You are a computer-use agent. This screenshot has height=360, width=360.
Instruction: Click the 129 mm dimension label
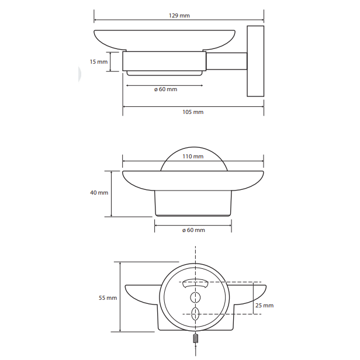(x=179, y=16)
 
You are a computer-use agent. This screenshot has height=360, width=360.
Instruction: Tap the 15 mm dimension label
(x=99, y=62)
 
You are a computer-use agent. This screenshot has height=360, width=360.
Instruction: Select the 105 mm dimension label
(x=193, y=112)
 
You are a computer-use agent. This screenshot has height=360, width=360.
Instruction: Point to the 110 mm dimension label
(x=193, y=157)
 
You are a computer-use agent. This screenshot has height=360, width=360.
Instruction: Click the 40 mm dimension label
(x=99, y=193)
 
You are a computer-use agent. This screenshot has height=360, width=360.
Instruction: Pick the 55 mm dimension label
(x=108, y=298)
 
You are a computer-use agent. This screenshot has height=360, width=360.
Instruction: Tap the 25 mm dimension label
(x=265, y=306)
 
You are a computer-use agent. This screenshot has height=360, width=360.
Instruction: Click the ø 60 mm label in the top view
(x=166, y=89)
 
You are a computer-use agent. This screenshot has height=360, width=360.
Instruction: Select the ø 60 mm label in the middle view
(x=193, y=230)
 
